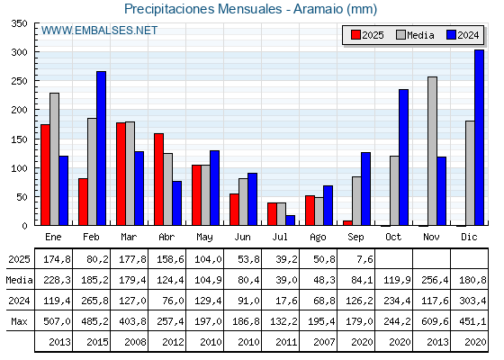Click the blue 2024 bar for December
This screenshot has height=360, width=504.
pyautogui.click(x=479, y=138)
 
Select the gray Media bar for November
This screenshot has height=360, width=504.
pyautogui.click(x=432, y=151)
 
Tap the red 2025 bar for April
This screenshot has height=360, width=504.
pyautogui.click(x=158, y=179)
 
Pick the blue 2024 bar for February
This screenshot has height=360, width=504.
pyautogui.click(x=101, y=148)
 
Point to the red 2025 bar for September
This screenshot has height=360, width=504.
pyautogui.click(x=347, y=223)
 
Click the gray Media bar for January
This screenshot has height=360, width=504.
pyautogui.click(x=54, y=159)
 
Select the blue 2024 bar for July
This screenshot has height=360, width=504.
pyautogui.click(x=290, y=220)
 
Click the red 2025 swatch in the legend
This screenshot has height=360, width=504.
pyautogui.click(x=355, y=35)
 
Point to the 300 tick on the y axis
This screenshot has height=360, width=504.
pyautogui.click(x=36, y=52)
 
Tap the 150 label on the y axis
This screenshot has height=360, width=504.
pyautogui.click(x=19, y=139)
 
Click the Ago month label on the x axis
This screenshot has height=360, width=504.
pyautogui.click(x=318, y=238)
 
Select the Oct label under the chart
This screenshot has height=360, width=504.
pyautogui.click(x=393, y=237)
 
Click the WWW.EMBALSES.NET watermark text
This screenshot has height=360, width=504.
pyautogui.click(x=99, y=31)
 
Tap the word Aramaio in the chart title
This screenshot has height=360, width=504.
pyautogui.click(x=318, y=9)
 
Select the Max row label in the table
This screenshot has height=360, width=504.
pyautogui.click(x=19, y=321)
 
